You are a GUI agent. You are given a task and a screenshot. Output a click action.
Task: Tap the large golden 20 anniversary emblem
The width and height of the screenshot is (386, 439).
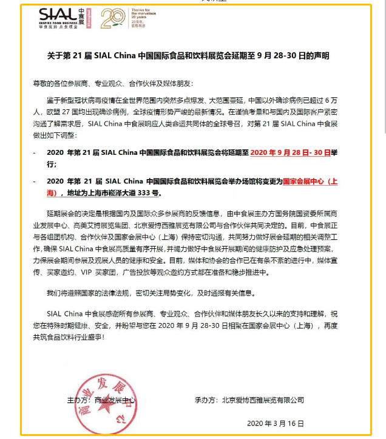pos(112,18)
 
